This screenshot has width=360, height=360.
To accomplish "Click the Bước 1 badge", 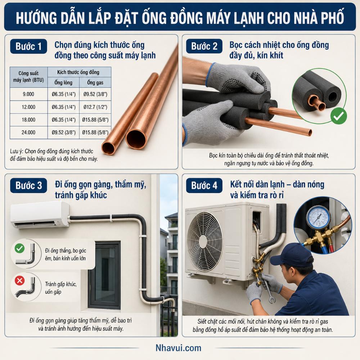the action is tap(28, 46).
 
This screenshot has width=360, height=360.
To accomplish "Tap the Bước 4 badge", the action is tap(204, 185).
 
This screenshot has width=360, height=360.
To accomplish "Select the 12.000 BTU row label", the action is tap(28, 107).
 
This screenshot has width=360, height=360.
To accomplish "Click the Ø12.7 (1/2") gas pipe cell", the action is tap(95, 107).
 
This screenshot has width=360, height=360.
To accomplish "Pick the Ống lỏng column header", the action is tap(63, 82).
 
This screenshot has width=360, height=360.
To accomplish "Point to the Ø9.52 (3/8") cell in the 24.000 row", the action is tap(64, 132).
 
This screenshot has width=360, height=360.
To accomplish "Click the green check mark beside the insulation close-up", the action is tap(338, 116).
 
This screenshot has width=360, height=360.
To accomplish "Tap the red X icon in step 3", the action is tap(20, 280).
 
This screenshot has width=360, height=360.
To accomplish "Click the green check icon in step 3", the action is tap(19, 248).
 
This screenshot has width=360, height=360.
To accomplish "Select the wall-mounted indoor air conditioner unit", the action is tap(40, 215).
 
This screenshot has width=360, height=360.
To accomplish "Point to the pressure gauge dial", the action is tap(318, 217).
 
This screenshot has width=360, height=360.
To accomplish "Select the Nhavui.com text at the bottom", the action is tap(179, 348).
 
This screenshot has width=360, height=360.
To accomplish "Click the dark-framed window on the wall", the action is tap(104, 275).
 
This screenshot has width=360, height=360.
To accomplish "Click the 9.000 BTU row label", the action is tap(28, 94).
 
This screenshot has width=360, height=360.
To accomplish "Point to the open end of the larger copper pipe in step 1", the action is tap(136, 139).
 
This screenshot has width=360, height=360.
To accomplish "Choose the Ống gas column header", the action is tap(95, 82).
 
